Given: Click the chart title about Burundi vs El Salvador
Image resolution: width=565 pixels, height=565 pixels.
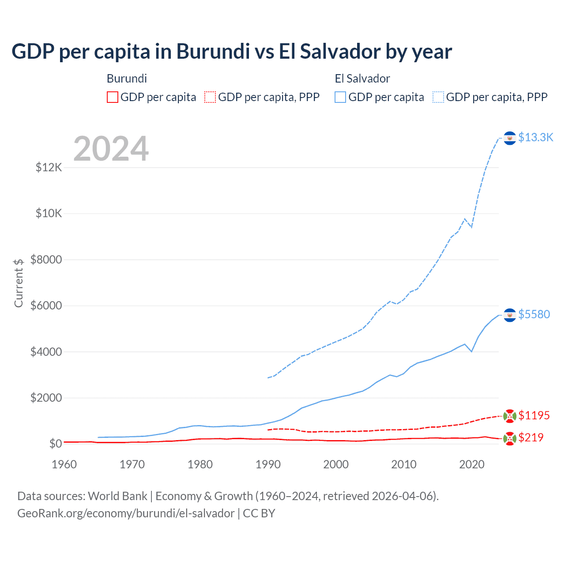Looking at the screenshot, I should pos(232,52).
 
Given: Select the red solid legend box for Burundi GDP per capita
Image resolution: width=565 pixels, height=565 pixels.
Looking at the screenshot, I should pos(113,97).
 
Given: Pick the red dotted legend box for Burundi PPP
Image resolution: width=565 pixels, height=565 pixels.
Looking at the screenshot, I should pos(210,97).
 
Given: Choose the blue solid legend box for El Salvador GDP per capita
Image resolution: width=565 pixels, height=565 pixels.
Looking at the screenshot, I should pos(340,97).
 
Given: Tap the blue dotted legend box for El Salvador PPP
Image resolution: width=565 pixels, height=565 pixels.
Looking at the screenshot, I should pos(438,97).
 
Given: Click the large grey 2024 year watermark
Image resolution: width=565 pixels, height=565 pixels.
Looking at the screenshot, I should pos(111,149).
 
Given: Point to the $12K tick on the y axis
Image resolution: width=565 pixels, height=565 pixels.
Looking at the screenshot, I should pos(49,168).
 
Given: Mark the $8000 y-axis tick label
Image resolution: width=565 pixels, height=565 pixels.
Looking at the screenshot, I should pos(46,260).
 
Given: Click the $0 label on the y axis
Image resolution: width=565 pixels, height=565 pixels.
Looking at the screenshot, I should pos(55,444).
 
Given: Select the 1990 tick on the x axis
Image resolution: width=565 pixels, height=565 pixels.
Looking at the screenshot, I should pos(268,464).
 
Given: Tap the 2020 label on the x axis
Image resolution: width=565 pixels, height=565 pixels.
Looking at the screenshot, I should pos(472,464).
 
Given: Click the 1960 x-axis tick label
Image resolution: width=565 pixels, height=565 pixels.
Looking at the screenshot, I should pos(64,464).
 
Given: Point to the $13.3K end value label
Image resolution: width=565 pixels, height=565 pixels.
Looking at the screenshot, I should pos(535,138).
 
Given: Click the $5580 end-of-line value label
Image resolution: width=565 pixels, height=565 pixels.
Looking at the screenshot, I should pos(534,314).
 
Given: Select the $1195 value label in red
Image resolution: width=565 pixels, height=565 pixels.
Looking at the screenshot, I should pos(534,415).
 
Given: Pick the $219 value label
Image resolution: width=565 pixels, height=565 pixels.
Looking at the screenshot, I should pos(531,437).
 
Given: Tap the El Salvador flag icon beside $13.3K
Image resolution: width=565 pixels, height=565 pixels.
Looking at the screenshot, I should pos(510,138).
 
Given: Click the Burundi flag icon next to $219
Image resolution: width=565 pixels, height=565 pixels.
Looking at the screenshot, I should pos(510,439).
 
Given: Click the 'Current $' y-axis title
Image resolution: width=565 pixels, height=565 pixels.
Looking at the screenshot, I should pos(19,283).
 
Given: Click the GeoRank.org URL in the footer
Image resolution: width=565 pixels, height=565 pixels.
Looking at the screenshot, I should pos(126,513).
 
